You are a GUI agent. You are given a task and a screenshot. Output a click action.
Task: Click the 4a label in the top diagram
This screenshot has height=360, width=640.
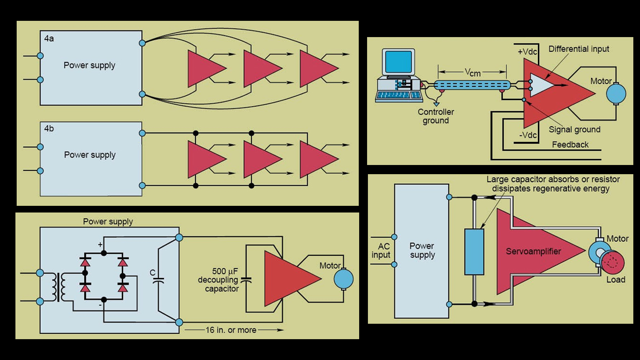(x=49, y=39)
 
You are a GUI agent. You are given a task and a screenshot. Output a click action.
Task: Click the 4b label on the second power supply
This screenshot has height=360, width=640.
(x=49, y=129)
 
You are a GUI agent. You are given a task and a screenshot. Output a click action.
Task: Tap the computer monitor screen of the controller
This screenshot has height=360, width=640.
(x=398, y=62)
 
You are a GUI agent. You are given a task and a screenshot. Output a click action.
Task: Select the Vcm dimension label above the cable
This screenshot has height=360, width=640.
(x=472, y=72)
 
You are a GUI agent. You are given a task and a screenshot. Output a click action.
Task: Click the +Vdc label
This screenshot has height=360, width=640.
(x=527, y=52)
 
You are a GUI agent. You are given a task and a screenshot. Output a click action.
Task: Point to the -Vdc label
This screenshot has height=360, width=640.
(x=528, y=135)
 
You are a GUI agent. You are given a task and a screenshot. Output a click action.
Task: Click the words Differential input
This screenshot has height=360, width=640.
(x=578, y=49)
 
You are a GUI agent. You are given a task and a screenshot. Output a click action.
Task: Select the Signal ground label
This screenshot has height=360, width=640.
(x=574, y=130)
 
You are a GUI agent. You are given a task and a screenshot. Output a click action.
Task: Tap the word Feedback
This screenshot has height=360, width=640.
(x=570, y=145)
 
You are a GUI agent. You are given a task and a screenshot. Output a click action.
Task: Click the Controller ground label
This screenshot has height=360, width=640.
(x=436, y=116)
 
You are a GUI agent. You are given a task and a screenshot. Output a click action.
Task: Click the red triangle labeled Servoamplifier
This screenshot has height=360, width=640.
(x=533, y=251)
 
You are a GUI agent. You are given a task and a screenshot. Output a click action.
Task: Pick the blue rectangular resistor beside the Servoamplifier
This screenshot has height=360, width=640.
(x=474, y=252)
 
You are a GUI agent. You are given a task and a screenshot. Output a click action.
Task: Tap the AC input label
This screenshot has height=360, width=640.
(x=381, y=251)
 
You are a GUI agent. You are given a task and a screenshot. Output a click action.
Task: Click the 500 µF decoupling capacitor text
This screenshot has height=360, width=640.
(x=218, y=280)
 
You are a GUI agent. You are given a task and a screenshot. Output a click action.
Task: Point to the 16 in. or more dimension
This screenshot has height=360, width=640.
(x=231, y=330)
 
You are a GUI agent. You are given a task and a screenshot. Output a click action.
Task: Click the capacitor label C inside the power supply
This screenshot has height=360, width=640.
(x=152, y=273)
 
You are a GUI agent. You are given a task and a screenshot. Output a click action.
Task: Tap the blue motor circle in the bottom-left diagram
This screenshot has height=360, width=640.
(x=343, y=279)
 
